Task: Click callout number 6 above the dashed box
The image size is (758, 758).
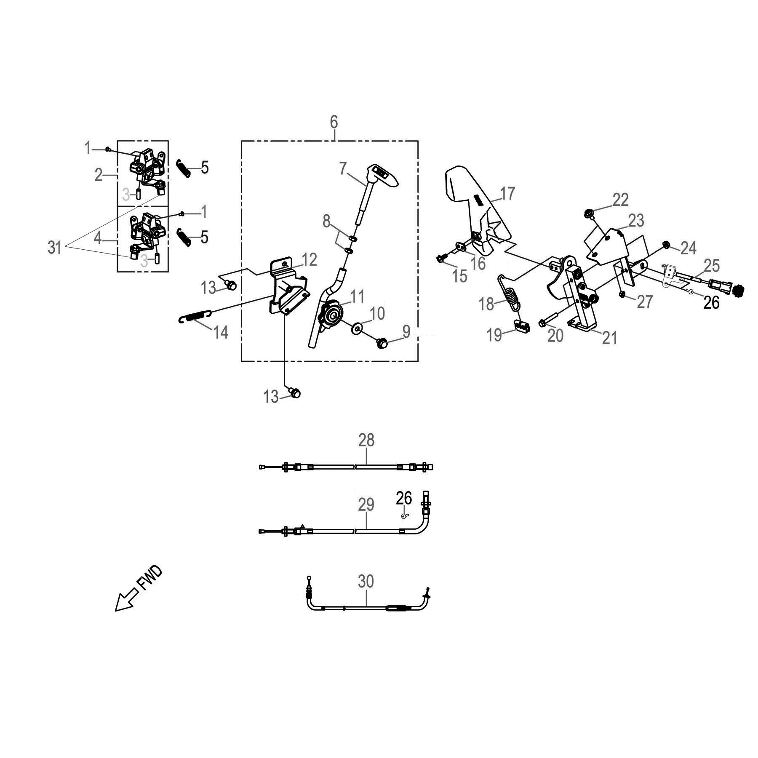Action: [x=334, y=122]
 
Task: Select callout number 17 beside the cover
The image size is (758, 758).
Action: [x=507, y=194]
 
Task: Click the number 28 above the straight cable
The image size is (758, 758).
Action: [x=366, y=440]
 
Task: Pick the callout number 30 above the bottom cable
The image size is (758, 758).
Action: [x=366, y=582]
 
